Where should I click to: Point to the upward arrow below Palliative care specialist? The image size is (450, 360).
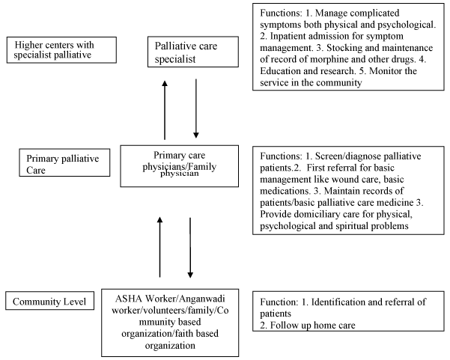[x=165, y=110]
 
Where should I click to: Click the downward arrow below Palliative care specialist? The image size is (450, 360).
[x=196, y=109]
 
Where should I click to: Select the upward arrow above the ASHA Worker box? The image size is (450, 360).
[x=159, y=247]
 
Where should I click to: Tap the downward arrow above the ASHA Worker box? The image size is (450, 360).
[x=190, y=248]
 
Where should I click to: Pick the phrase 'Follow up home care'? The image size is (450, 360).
[x=313, y=326]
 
